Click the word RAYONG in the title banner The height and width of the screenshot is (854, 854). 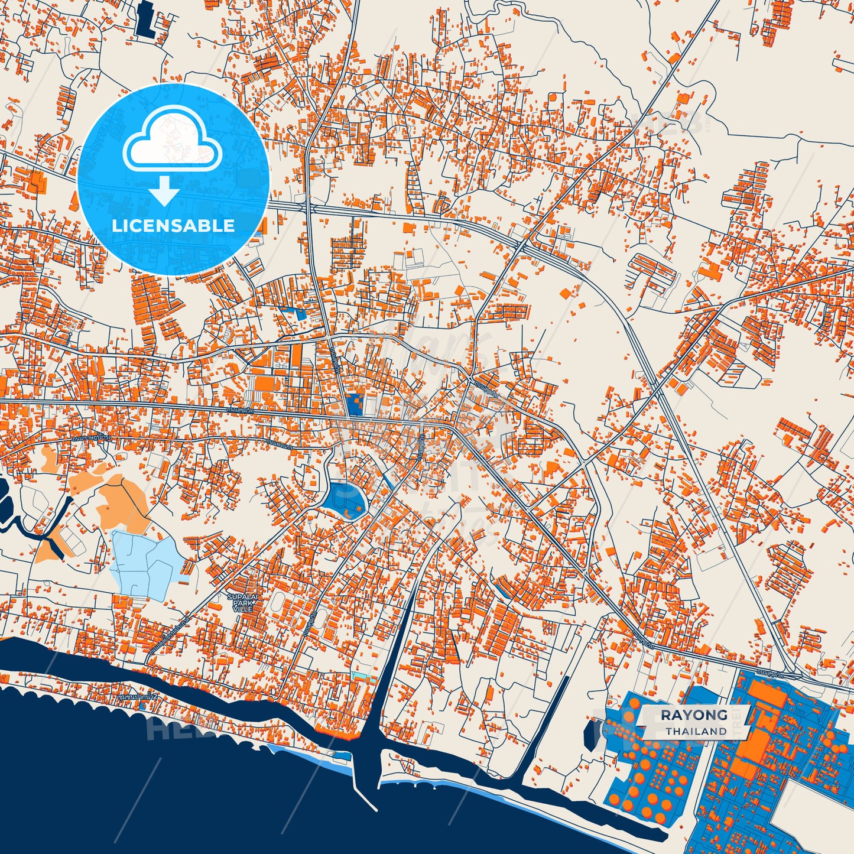tap(694, 715)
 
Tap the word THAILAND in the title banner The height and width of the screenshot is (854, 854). tap(696, 731)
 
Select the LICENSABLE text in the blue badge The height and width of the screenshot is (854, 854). tap(173, 225)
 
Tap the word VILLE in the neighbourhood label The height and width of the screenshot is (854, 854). tap(242, 609)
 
